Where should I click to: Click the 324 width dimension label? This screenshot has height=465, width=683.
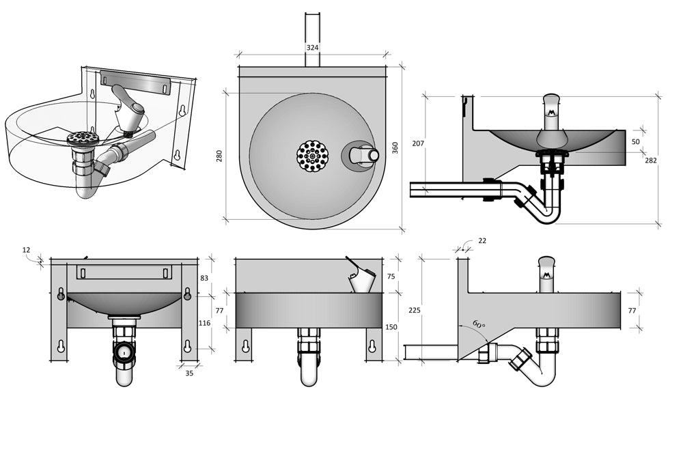click(x=312, y=48)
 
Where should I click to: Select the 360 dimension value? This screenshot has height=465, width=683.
click(x=395, y=147)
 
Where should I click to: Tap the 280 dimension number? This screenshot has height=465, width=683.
click(x=219, y=156)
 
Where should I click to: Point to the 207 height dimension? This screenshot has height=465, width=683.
click(x=418, y=143)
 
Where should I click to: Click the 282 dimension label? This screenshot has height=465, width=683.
click(x=650, y=160)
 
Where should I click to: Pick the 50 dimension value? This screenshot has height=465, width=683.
click(x=636, y=141)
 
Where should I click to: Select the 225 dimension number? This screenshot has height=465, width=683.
click(x=414, y=310)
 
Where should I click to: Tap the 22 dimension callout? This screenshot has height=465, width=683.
click(x=482, y=241)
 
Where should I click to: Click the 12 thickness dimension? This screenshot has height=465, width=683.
click(x=26, y=250)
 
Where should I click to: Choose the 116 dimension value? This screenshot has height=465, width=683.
click(x=205, y=322)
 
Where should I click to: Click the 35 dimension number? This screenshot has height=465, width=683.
click(x=189, y=374)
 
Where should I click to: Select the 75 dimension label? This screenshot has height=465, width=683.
click(x=391, y=277)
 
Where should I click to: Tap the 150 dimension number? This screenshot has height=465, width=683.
click(x=391, y=327)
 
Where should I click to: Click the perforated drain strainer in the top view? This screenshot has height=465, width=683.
click(x=313, y=156)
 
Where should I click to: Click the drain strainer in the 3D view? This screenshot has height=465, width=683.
click(x=83, y=137)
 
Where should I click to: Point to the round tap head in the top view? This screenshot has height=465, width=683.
click(x=373, y=156)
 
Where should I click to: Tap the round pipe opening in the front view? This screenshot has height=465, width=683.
click(x=124, y=352)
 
